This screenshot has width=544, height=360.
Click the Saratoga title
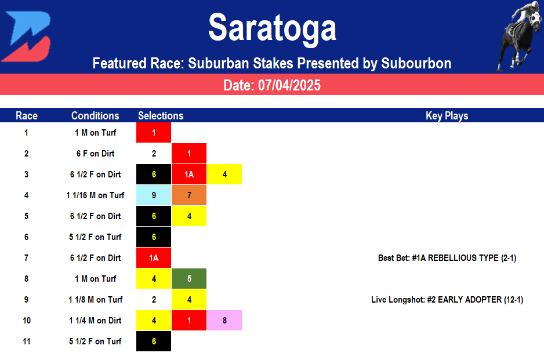pos(272,27)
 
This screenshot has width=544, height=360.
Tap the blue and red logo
pos(26,36)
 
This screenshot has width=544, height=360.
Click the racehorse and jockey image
pos(518,36)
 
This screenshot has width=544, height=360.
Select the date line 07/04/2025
pos(272,85)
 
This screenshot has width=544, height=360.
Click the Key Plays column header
pos(447,115)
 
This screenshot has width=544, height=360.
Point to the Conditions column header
pos(95,115)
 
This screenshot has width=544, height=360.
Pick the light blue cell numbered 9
pos(154,195)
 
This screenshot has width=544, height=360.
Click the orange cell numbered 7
pos(189,195)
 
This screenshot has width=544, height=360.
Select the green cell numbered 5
pos(189,279)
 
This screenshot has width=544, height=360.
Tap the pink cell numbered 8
pos(224,321)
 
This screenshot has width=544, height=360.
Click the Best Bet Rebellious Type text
pos(447,258)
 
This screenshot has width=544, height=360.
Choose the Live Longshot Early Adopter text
pos(447,300)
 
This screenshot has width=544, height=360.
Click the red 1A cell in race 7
pos(154,258)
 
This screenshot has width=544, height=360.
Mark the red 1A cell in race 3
pos(189,174)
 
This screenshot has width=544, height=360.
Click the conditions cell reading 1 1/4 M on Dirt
pos(95,321)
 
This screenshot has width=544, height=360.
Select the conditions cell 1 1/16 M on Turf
pos(95,195)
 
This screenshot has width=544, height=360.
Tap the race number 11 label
pos(27,341)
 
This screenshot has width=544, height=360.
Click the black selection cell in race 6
pos(154,237)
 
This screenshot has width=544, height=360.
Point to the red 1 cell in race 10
pos(189,321)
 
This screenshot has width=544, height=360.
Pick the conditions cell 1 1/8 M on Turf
pos(95,300)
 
